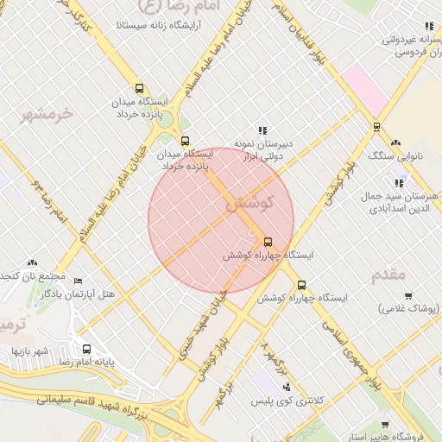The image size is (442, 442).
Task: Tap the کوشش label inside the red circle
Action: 249,205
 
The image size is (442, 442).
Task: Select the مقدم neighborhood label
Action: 388,275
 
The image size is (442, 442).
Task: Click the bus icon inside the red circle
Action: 268,242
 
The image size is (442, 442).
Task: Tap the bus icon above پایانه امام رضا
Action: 86,350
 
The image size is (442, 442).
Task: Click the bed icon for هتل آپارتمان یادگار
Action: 79,281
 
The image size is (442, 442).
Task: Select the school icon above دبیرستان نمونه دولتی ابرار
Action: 262,130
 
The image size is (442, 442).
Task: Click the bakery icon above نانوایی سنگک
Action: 395,143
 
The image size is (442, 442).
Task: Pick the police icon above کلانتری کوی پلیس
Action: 286,388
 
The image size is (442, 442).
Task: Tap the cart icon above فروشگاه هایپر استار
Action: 385,425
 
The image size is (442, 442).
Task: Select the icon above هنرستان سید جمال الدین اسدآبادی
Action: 398,183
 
